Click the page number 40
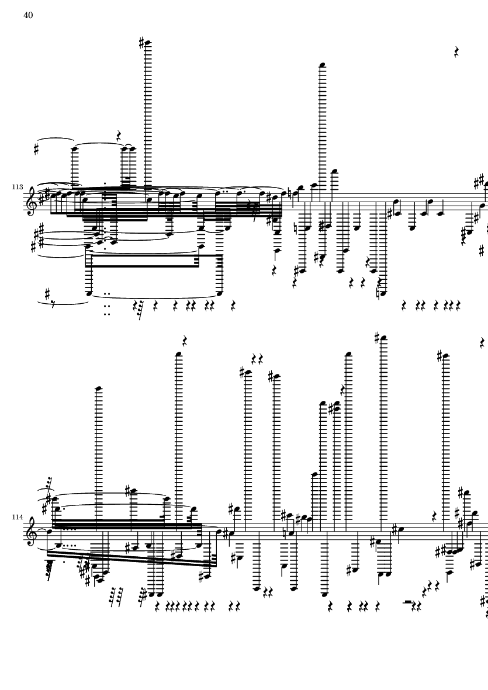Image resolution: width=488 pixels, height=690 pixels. (28, 16)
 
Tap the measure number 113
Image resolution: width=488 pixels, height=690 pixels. (16, 187)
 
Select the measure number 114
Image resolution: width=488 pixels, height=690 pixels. (16, 518)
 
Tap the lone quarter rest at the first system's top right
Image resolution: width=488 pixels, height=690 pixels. (458, 53)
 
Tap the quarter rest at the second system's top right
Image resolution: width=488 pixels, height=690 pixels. (482, 343)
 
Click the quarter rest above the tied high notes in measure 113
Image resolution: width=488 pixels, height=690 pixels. (119, 137)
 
